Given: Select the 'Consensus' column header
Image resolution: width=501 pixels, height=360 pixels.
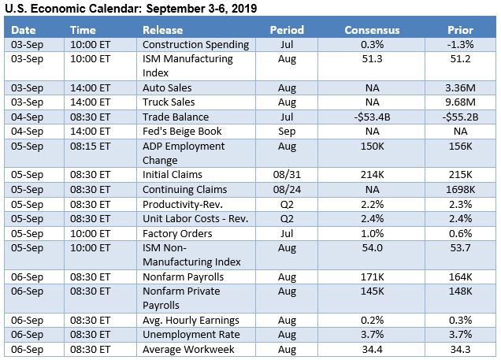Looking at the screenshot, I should tap(372, 30).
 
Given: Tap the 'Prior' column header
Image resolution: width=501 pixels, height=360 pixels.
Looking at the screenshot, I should tap(460, 30).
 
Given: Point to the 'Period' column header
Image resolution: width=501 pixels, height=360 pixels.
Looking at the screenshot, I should tap(287, 30).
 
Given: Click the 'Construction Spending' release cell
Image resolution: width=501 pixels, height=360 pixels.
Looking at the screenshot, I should tap(195, 44).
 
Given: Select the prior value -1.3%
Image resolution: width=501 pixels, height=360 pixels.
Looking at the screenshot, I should tap(460, 44).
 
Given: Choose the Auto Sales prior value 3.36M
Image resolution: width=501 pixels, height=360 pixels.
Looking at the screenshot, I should tap(460, 87).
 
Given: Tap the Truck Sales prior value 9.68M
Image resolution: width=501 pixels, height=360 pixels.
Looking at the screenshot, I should tap(460, 102).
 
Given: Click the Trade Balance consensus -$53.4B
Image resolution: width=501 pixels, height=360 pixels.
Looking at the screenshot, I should tap(372, 117).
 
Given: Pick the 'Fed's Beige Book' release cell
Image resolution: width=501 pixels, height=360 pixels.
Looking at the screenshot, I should tap(182, 131).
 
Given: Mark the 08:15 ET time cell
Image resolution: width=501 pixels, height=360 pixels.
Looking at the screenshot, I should tap(90, 146).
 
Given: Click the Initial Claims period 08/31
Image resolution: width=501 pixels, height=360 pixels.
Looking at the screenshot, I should tap(287, 174).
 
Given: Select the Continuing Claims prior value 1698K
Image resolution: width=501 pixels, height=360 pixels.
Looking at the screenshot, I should tap(460, 189).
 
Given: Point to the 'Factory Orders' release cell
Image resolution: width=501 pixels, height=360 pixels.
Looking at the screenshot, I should tap(177, 233).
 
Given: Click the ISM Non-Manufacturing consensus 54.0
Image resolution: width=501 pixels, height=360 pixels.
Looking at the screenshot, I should tap(372, 247).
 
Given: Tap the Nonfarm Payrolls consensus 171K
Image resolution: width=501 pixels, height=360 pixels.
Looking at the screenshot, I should tap(372, 276).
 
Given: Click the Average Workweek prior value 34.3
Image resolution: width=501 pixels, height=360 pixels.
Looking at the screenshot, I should tap(460, 348).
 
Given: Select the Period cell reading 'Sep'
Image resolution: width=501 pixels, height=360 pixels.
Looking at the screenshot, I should tap(287, 131).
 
